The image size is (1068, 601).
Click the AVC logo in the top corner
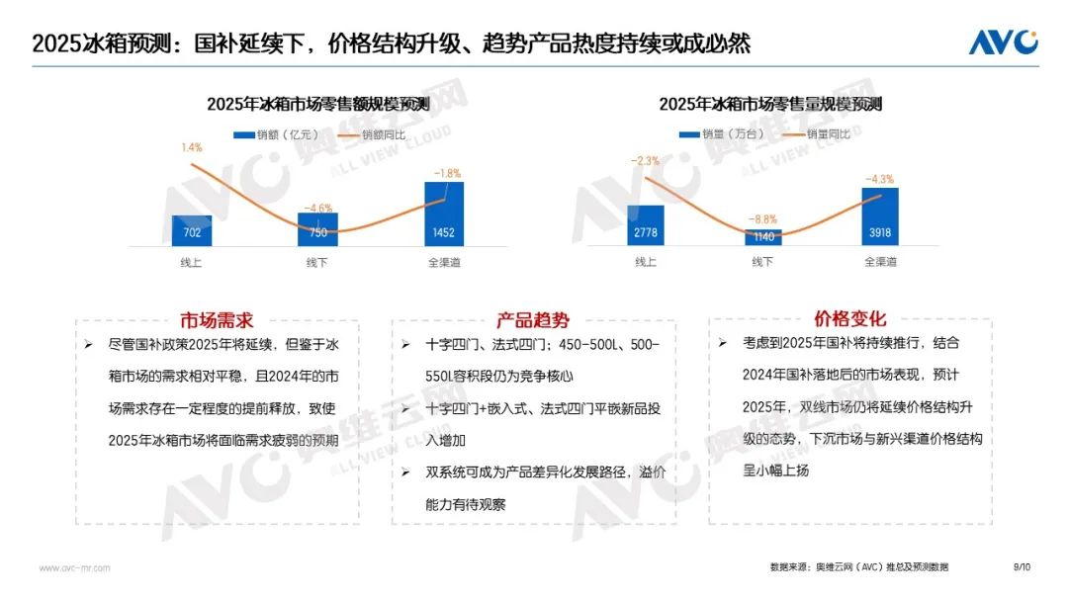click(x=1003, y=42)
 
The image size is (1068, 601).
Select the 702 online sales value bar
click(x=191, y=230)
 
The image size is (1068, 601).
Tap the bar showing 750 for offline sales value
click(x=317, y=229)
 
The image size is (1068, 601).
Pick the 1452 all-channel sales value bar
click(x=444, y=214)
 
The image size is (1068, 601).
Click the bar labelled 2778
click(x=645, y=225)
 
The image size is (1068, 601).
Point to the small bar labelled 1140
click(x=762, y=237)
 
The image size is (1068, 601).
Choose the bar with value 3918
click(x=880, y=216)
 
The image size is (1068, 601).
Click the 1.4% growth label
click(x=191, y=147)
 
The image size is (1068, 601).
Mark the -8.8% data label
click(x=762, y=219)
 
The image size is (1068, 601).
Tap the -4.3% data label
click(x=880, y=179)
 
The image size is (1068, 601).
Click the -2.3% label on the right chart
click(x=645, y=160)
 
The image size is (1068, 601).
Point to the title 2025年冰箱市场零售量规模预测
click(x=770, y=105)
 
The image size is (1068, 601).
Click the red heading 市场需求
click(x=217, y=320)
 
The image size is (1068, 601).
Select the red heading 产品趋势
click(x=533, y=320)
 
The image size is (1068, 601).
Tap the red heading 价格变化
click(x=850, y=318)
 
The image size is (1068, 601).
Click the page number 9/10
click(x=1022, y=567)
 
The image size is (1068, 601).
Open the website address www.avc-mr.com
click(x=74, y=568)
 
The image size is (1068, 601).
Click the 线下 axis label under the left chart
click(x=317, y=262)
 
